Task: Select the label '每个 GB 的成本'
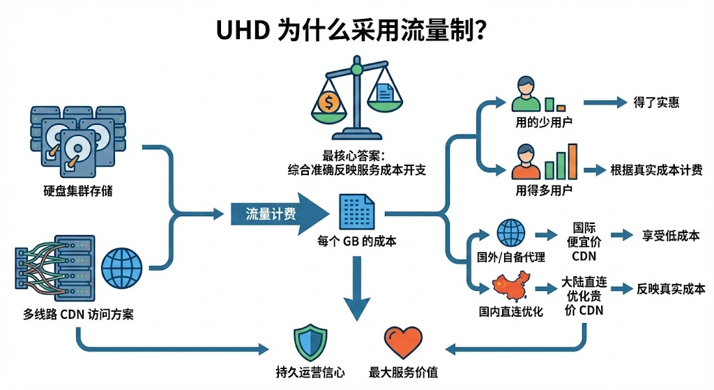[357, 242]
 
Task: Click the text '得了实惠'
[656, 103]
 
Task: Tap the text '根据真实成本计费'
[656, 170]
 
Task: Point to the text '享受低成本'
[670, 235]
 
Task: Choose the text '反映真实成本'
[670, 288]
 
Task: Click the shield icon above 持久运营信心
[310, 342]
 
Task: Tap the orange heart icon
[402, 343]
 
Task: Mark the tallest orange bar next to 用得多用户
[572, 162]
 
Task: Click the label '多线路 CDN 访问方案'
[78, 313]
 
